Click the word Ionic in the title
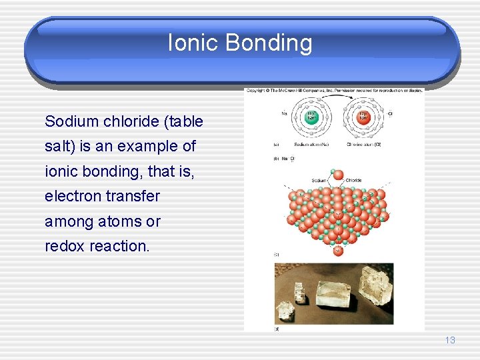[193, 43]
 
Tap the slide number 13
[450, 341]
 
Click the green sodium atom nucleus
[310, 116]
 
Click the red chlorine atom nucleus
[363, 116]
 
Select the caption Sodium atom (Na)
[311, 144]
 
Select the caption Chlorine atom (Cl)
[363, 144]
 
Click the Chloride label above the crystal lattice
[354, 180]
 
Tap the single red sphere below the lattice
[337, 251]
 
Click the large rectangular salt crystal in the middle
[333, 293]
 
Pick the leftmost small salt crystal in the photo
[286, 310]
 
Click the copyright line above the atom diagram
[333, 91]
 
